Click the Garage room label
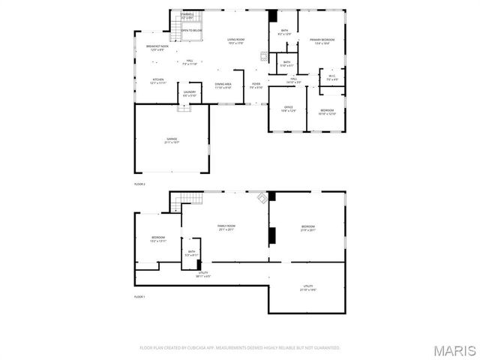tap(172, 140)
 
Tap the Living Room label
tap(237, 40)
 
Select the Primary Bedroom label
tap(322, 40)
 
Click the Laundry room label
tap(190, 94)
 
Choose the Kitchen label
tap(158, 80)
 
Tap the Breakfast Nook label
tap(157, 48)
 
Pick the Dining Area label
tap(223, 85)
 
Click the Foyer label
tap(256, 85)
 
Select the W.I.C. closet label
tap(332, 77)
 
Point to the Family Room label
tap(226, 227)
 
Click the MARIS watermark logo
tap(454, 350)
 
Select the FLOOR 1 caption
tap(139, 297)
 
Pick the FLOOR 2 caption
tap(139, 183)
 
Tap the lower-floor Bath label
tap(192, 253)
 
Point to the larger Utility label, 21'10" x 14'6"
tap(307, 286)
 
